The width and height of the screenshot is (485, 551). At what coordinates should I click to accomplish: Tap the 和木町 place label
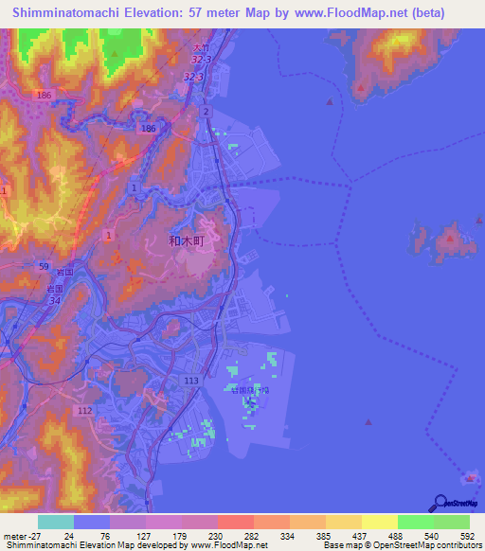point(187,241)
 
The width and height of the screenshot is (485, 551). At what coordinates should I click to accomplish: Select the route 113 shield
point(190,381)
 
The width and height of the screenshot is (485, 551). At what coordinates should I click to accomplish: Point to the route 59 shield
point(44,267)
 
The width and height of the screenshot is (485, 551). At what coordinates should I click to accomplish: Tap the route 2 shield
point(206,112)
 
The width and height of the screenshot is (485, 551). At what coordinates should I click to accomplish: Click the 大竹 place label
point(199,47)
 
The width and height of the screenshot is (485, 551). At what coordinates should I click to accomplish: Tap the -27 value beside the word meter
point(35,535)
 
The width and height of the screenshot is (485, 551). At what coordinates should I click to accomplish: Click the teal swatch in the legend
point(55,522)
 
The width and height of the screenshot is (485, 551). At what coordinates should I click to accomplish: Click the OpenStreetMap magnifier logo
point(437,504)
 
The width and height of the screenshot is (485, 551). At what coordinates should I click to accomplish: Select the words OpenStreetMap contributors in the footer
point(432,546)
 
